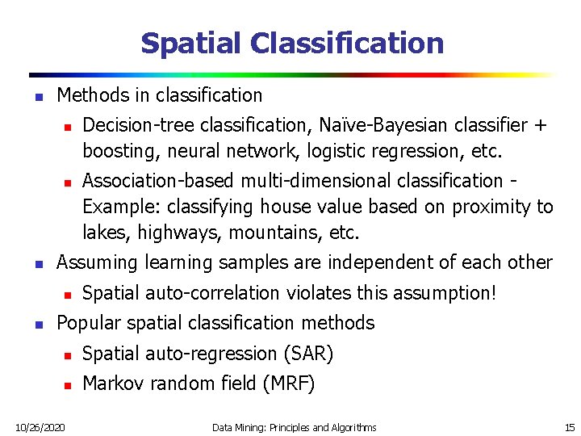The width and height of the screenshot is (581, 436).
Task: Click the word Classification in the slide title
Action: pyautogui.click(x=343, y=43)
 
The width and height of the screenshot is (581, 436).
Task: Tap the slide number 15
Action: pyautogui.click(x=568, y=426)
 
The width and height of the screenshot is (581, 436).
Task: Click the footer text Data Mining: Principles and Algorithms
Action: pyautogui.click(x=294, y=426)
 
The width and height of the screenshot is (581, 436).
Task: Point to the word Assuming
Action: pyautogui.click(x=98, y=262)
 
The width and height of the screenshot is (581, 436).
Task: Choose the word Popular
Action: pyautogui.click(x=88, y=323)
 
